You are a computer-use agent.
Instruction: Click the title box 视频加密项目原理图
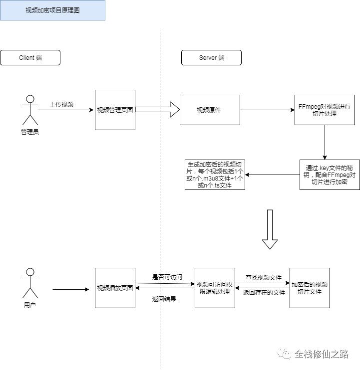click(52, 10)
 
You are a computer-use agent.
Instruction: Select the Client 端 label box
click(30, 58)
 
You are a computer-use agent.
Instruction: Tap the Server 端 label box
click(211, 58)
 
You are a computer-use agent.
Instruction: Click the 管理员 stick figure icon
click(30, 110)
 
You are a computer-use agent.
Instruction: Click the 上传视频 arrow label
click(61, 105)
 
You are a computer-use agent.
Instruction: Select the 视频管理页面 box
click(115, 110)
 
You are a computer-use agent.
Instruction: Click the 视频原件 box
click(209, 110)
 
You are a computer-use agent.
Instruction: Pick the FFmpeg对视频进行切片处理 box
click(325, 110)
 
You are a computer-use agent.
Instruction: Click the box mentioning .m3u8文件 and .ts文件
click(215, 175)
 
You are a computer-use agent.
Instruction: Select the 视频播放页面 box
click(115, 288)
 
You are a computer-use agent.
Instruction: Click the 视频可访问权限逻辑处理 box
click(215, 288)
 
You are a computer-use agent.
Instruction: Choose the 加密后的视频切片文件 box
click(310, 288)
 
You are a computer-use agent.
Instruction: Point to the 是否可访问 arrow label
click(167, 277)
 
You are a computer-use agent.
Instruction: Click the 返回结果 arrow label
click(164, 299)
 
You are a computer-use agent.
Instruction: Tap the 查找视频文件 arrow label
click(263, 277)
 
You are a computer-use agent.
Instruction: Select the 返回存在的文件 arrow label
click(264, 293)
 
